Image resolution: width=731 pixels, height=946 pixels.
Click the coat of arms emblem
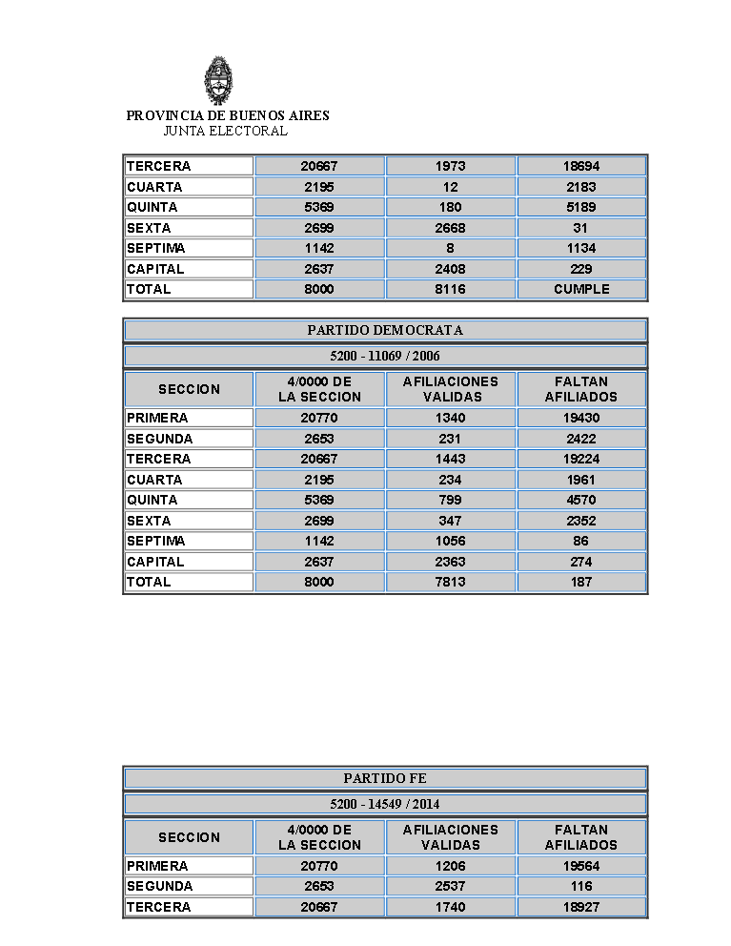point(218,80)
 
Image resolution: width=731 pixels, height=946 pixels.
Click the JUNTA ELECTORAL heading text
point(225,131)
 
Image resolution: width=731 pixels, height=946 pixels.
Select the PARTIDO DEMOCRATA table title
point(385,330)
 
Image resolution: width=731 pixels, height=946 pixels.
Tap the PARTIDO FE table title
point(385,778)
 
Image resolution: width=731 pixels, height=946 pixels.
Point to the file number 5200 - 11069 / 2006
point(385,356)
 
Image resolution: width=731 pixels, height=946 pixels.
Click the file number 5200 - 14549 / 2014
point(385,804)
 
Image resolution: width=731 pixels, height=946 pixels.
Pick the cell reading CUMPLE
point(581,289)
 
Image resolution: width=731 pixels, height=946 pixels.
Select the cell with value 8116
point(450,289)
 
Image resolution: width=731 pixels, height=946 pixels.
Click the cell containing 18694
point(581,166)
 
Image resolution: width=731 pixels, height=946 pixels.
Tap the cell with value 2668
point(450,228)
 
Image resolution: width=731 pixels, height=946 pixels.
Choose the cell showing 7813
point(450,582)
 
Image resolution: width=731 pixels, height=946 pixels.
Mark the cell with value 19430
point(581,418)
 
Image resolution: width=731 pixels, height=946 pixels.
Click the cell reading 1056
point(450,541)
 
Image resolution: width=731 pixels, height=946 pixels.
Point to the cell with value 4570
point(581,500)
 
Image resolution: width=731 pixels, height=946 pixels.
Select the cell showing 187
point(581,582)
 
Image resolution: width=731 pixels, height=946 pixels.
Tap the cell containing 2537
point(450,886)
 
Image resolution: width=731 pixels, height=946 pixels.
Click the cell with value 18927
point(581,907)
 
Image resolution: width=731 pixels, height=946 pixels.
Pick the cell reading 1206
point(450,866)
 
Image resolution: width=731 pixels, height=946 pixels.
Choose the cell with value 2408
point(450,269)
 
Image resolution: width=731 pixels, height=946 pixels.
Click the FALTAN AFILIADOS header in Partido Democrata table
point(581,389)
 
